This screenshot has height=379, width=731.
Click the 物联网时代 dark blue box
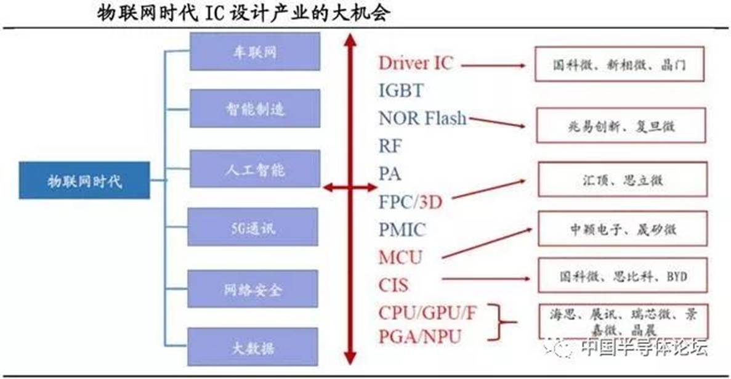pos(84,180)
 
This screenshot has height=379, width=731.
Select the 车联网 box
pos(254,52)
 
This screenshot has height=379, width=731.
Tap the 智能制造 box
pos(254,108)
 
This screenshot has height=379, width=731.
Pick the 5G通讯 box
pos(253,227)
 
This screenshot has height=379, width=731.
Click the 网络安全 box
pos(253,288)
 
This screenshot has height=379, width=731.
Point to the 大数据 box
pos(253,346)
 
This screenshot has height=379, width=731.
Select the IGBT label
pos(401,91)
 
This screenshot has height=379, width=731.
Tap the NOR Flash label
pos(422,118)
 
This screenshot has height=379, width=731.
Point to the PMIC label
pos(403,230)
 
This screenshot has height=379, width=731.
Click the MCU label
pos(400,257)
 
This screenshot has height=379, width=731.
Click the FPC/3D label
pos(411,202)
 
